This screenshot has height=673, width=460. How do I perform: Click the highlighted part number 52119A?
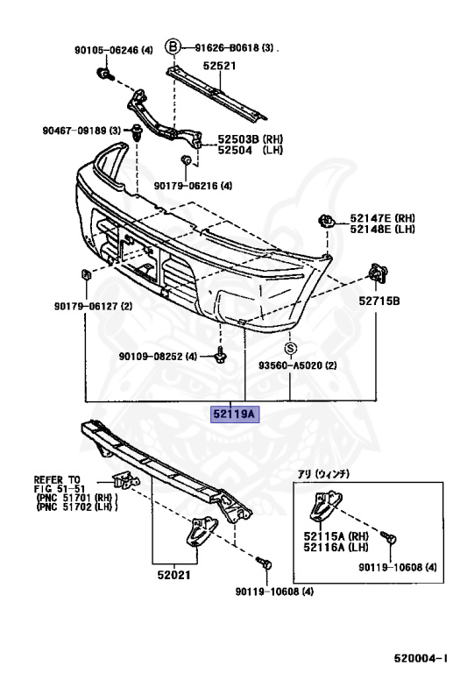(x=234, y=414)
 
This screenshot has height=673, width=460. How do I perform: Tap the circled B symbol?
(x=173, y=46)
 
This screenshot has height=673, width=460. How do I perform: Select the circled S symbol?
(x=291, y=349)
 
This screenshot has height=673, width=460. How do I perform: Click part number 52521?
(x=219, y=66)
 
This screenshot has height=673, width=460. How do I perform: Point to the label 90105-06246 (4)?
(x=114, y=50)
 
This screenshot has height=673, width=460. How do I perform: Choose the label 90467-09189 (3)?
(x=81, y=130)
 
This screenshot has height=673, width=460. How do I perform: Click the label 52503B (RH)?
(x=251, y=139)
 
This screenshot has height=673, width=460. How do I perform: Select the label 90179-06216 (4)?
(x=193, y=186)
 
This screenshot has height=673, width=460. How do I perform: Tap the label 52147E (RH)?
(x=382, y=218)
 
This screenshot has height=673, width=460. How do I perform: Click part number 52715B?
(x=379, y=301)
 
